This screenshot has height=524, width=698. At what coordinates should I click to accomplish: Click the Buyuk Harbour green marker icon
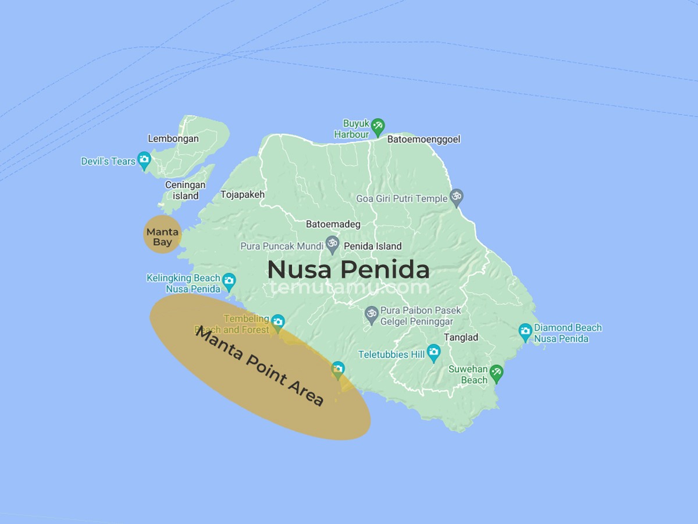coord(378,125)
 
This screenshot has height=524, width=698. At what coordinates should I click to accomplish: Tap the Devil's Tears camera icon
coord(144,160)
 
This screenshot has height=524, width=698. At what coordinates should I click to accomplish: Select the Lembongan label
coord(173,139)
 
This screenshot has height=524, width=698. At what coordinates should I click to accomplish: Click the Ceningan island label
coord(185,190)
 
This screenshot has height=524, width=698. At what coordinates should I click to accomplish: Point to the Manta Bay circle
coord(162,234)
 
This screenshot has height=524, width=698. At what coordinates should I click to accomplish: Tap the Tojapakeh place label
coord(243,194)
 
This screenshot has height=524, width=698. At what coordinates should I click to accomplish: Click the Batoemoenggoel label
coord(423,139)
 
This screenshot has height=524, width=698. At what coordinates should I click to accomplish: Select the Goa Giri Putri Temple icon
coord(457,197)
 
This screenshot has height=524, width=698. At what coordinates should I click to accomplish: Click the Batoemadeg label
coord(333,224)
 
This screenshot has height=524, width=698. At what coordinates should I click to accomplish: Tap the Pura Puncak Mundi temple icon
coord(332,244)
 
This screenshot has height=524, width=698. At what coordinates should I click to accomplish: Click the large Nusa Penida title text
coord(348,270)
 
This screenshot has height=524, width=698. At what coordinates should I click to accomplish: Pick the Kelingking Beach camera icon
coord(229,281)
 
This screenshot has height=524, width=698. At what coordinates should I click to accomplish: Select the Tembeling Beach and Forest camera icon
coord(278,321)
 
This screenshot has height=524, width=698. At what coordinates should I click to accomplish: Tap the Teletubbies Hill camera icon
coord(433,352)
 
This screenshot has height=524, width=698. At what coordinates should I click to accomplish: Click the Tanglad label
coord(461,337)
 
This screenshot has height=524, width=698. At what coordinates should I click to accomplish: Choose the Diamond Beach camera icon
coord(525,332)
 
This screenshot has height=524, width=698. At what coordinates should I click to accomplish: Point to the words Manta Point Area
coord(259,366)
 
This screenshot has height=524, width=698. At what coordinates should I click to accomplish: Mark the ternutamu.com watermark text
coord(349,287)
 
